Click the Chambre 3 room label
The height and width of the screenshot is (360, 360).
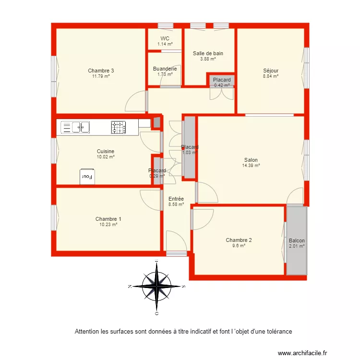pos(101,71)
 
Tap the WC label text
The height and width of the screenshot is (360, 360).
pos(165,39)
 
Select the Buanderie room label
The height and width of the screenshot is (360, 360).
pos(165,69)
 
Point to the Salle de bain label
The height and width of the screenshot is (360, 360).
pos(208,54)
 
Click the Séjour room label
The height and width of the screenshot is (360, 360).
pos(271,71)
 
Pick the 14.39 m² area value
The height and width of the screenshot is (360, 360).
pos(251,166)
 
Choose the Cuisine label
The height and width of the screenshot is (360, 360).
pos(105,151)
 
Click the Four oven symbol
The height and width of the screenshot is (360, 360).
pos(87,177)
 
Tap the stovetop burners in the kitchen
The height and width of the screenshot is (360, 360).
pos(119,127)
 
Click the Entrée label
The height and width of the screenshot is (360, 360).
pos(176,199)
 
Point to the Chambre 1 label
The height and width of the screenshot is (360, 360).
pos(108,219)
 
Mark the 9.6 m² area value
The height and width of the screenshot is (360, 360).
pos(239,245)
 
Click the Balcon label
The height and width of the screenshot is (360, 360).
pos(297,241)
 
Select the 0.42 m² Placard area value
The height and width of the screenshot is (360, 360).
pos(222,85)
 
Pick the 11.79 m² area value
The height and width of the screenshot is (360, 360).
pos(101,76)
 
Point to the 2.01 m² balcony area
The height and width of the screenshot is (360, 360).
pos(297,246)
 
